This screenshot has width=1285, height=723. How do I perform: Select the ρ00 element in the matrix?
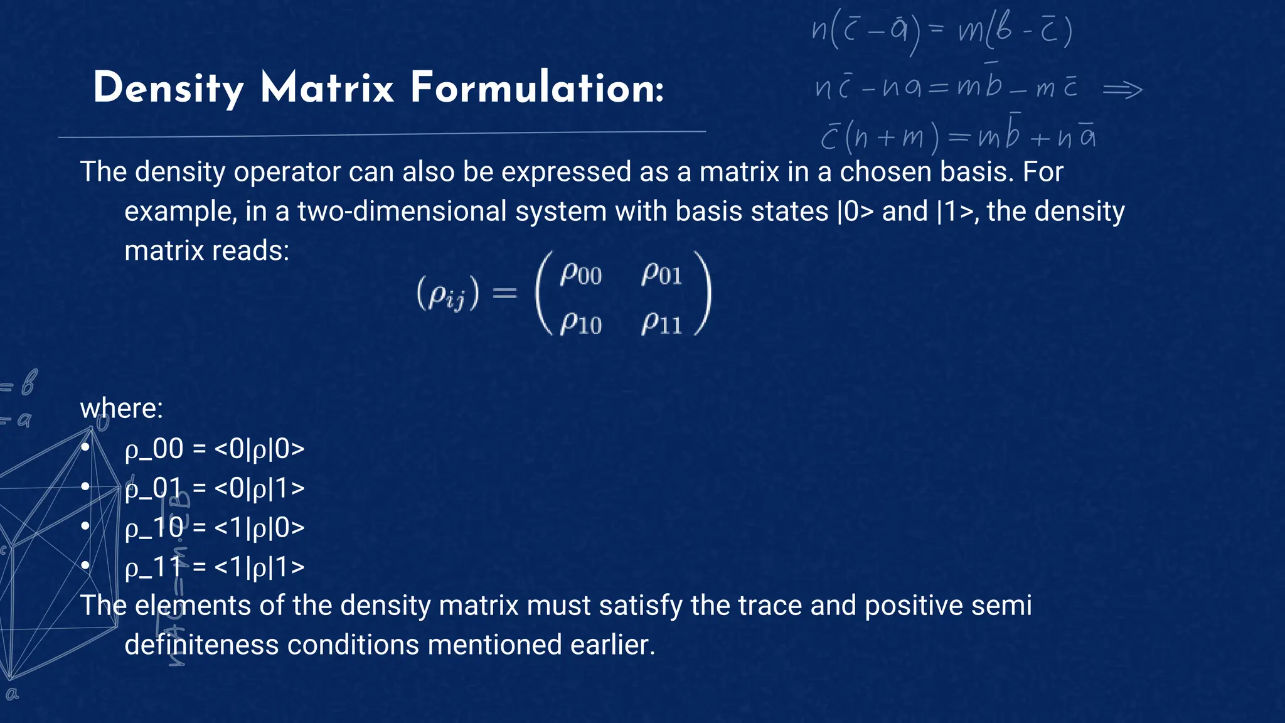[x=580, y=274]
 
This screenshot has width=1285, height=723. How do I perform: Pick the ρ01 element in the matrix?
[x=661, y=274]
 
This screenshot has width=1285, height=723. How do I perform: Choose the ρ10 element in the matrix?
[x=580, y=324]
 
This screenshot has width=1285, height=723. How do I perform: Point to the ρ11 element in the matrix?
[x=661, y=324]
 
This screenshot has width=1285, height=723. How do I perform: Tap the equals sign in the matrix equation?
[x=504, y=292]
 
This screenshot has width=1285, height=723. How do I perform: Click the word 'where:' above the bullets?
[x=122, y=409]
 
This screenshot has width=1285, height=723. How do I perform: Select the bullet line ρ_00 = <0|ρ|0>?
[x=215, y=449]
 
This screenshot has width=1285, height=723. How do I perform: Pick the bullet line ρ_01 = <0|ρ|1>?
[x=215, y=488]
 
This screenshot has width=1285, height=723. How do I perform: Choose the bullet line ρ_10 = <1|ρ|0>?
[x=215, y=528]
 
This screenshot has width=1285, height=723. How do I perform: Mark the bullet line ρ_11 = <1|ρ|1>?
[x=215, y=567]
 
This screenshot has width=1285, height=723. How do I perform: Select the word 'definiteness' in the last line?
[x=201, y=645]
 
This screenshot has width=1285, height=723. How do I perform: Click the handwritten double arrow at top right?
[x=1122, y=90]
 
